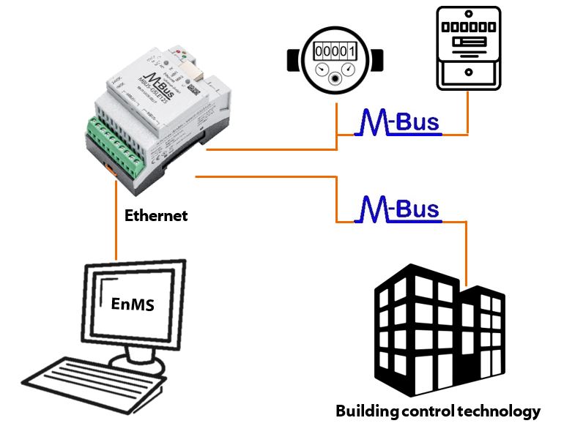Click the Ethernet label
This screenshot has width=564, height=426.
click(155, 216)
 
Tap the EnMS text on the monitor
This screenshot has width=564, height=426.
click(133, 303)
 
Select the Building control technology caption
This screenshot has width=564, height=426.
click(437, 411)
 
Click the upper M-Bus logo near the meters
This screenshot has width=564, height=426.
click(398, 122)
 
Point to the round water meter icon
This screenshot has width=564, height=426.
click(334, 61)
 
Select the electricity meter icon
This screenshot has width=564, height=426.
click(468, 48)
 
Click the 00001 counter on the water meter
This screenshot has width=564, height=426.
click(334, 51)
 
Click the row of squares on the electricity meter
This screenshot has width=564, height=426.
click(468, 26)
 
